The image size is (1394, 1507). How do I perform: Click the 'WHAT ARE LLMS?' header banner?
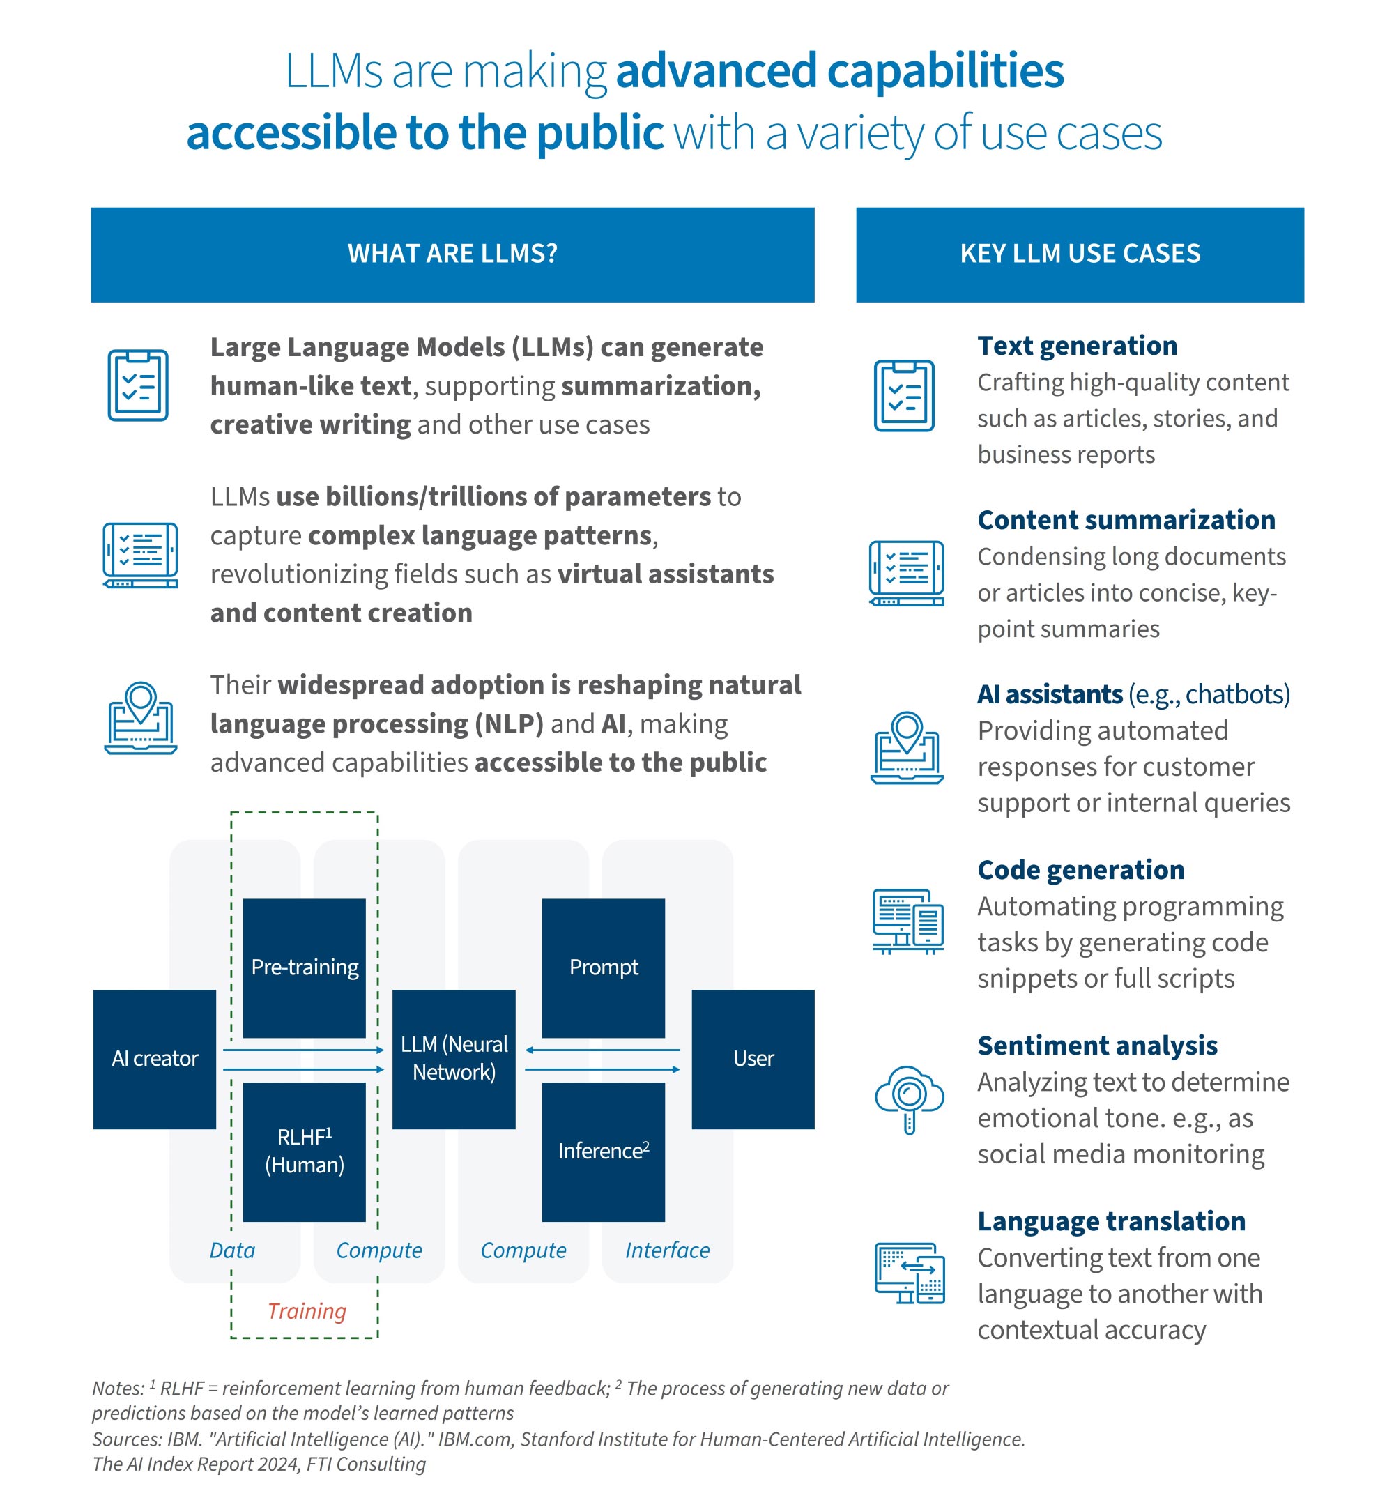[452, 254]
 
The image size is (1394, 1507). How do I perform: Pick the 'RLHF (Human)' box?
[304, 1151]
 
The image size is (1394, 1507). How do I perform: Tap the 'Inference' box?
[603, 1151]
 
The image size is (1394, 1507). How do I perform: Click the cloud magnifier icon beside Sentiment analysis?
[908, 1099]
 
